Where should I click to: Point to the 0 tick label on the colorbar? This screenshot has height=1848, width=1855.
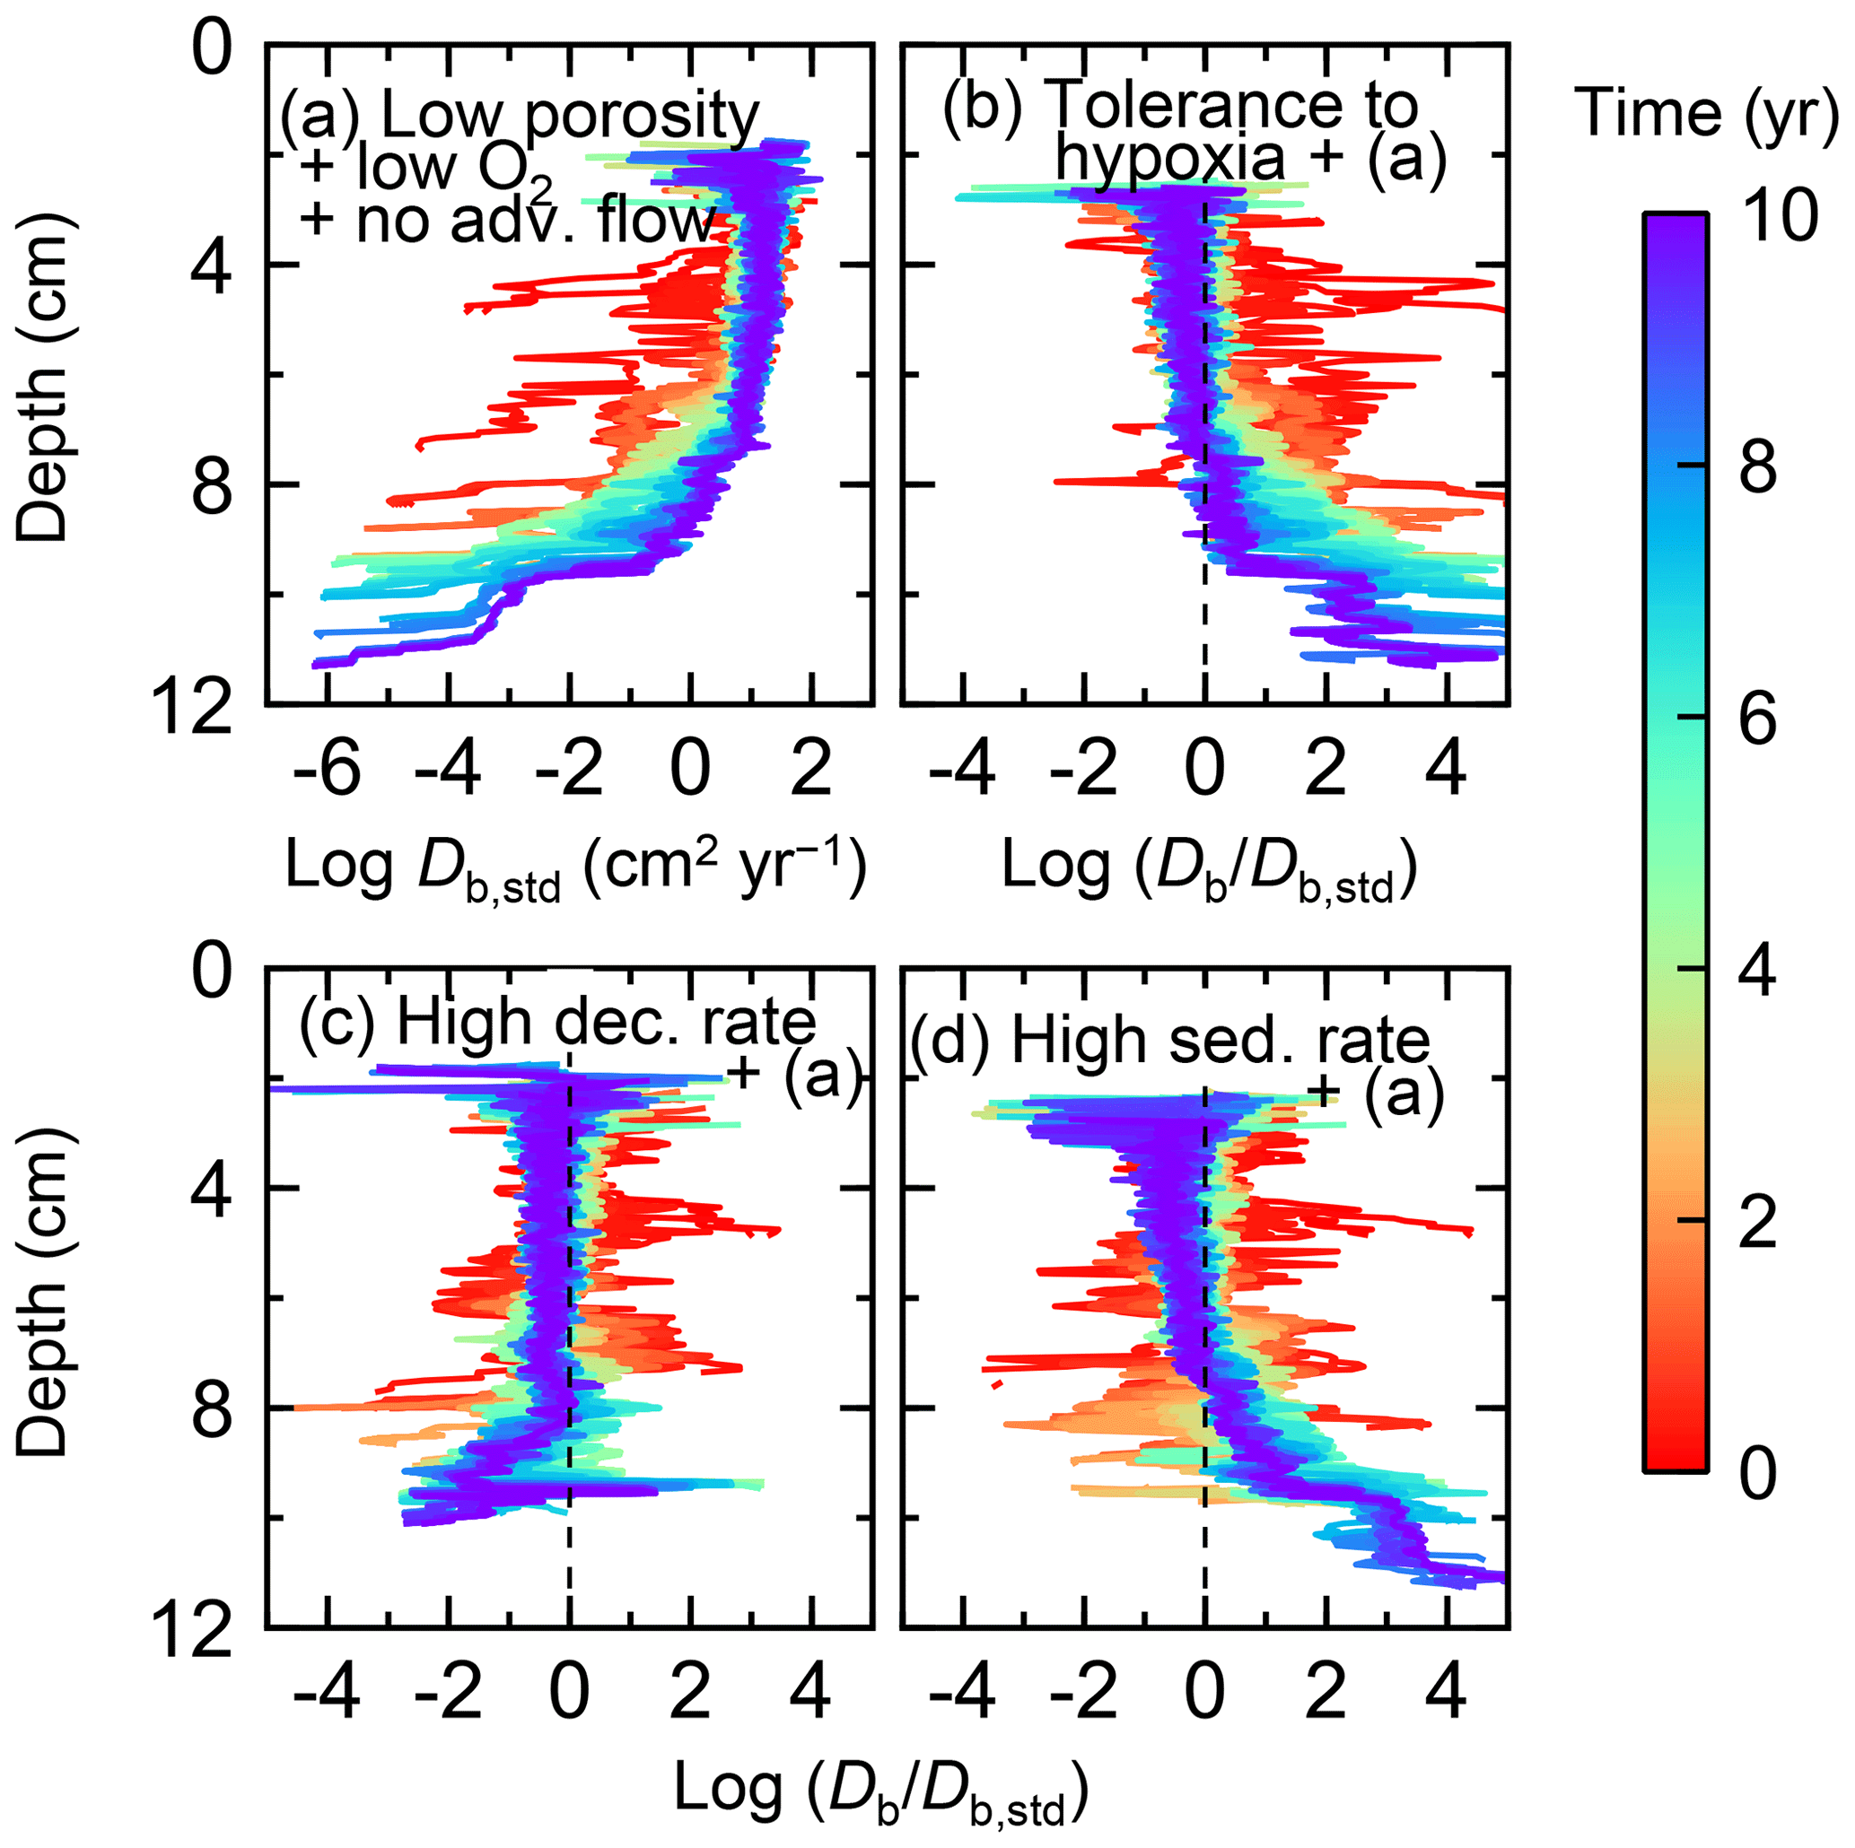(1759, 1474)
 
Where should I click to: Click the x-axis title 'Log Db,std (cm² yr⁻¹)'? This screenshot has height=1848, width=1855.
(576, 868)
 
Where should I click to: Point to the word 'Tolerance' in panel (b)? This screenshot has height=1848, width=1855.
(1233, 104)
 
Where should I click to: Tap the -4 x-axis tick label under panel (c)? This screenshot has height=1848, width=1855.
(327, 1693)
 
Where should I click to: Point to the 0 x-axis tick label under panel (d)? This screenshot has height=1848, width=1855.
(1204, 1693)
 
